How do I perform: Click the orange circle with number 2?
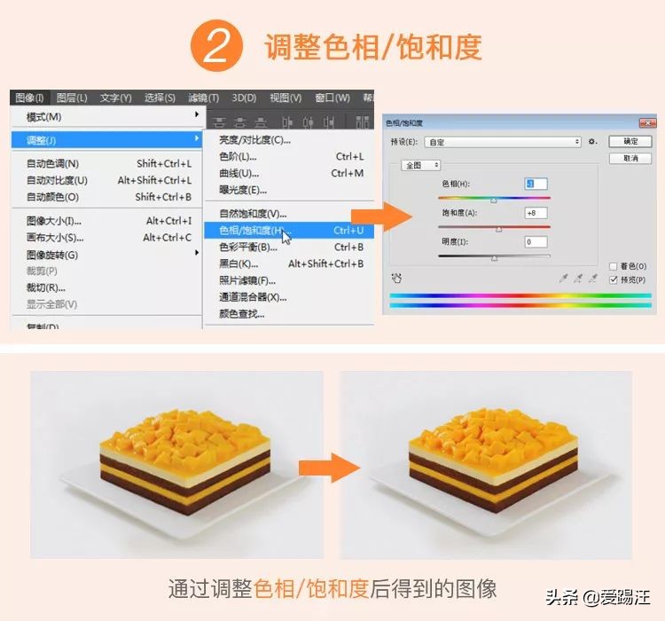(217, 47)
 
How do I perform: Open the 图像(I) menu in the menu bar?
(29, 98)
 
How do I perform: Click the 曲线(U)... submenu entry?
(239, 173)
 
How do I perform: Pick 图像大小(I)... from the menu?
(53, 221)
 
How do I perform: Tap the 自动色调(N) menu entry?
(52, 164)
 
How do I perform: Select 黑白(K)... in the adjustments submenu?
(239, 263)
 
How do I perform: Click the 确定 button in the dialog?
(630, 141)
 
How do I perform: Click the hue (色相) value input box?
(536, 184)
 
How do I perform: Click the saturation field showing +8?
(536, 213)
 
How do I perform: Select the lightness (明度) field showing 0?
(536, 241)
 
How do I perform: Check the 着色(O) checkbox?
(614, 266)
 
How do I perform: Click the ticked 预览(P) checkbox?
(614, 279)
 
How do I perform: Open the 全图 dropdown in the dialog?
(421, 165)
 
